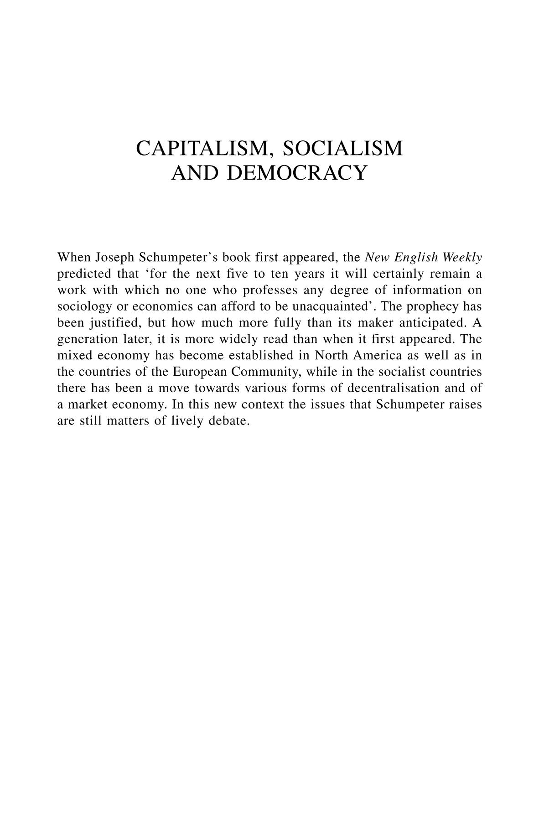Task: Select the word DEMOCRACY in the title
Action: pyautogui.click(x=297, y=173)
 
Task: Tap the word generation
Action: pyautogui.click(x=84, y=339)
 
